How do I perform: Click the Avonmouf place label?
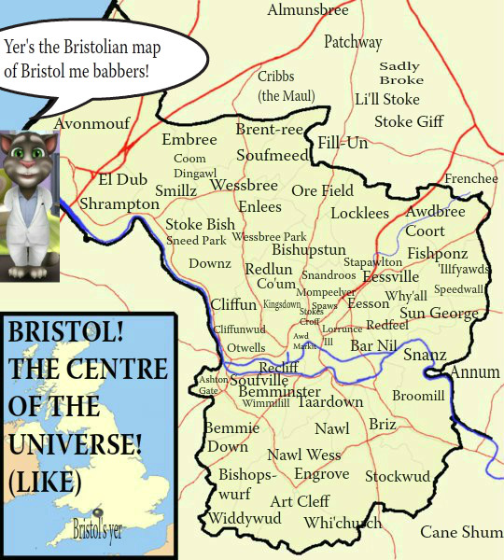point(92,123)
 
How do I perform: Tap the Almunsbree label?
point(308,11)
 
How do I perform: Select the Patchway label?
point(353,42)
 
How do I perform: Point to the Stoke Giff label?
point(409,121)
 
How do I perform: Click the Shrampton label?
point(119,203)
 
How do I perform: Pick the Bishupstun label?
point(309,250)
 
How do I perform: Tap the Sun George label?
point(439,313)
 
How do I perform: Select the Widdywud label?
point(245,518)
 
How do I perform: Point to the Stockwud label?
point(398,477)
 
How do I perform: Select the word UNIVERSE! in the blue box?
point(74,445)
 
